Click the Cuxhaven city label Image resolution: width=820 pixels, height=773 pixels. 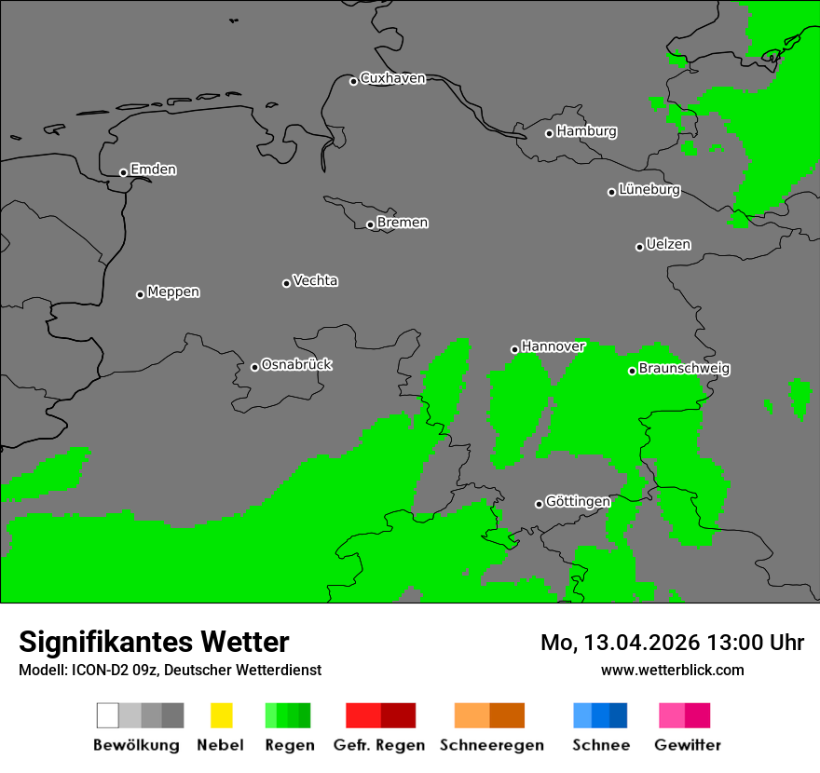pos(392,78)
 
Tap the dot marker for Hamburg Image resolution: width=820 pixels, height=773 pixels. pos(549,133)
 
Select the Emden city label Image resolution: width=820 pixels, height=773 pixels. pos(153,170)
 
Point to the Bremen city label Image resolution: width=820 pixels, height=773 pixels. pos(403,223)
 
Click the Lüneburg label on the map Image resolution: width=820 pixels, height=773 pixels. pos(649,190)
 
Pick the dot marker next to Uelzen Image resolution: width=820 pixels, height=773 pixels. pos(639,247)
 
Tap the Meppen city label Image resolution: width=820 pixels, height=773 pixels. pos(173,292)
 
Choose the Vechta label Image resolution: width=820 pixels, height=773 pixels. pos(315,280)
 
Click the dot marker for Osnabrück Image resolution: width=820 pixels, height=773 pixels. pos(254,367)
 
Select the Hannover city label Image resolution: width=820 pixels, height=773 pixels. pos(553,346)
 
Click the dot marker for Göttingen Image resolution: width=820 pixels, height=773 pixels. pos(539,504)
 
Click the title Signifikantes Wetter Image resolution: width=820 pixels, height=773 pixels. pos(154,642)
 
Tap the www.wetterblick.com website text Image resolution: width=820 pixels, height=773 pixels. pos(672,670)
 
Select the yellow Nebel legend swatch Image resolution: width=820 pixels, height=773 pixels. pos(221,715)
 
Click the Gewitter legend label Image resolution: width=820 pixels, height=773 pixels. pos(687,745)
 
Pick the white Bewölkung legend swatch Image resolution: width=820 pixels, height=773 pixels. pos(108,715)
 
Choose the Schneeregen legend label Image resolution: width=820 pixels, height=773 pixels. pos(491,745)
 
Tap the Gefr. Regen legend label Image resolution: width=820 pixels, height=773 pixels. pos(379,745)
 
